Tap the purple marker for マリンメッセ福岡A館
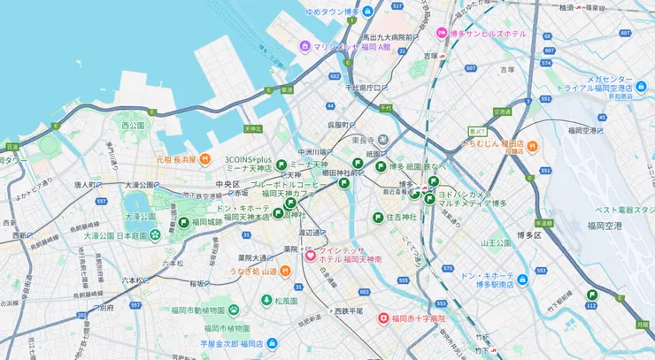(304, 46)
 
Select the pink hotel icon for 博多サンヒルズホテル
(442, 34)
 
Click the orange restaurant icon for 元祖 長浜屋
(204, 159)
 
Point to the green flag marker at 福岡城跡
(184, 222)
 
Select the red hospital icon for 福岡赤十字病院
(383, 318)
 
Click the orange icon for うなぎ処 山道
(284, 271)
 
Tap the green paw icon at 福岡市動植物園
(234, 310)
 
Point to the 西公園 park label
(132, 126)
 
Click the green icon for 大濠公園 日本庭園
(155, 235)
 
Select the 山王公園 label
(496, 241)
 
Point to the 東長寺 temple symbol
(382, 140)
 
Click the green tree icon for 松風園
(265, 301)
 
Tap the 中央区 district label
(215, 184)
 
